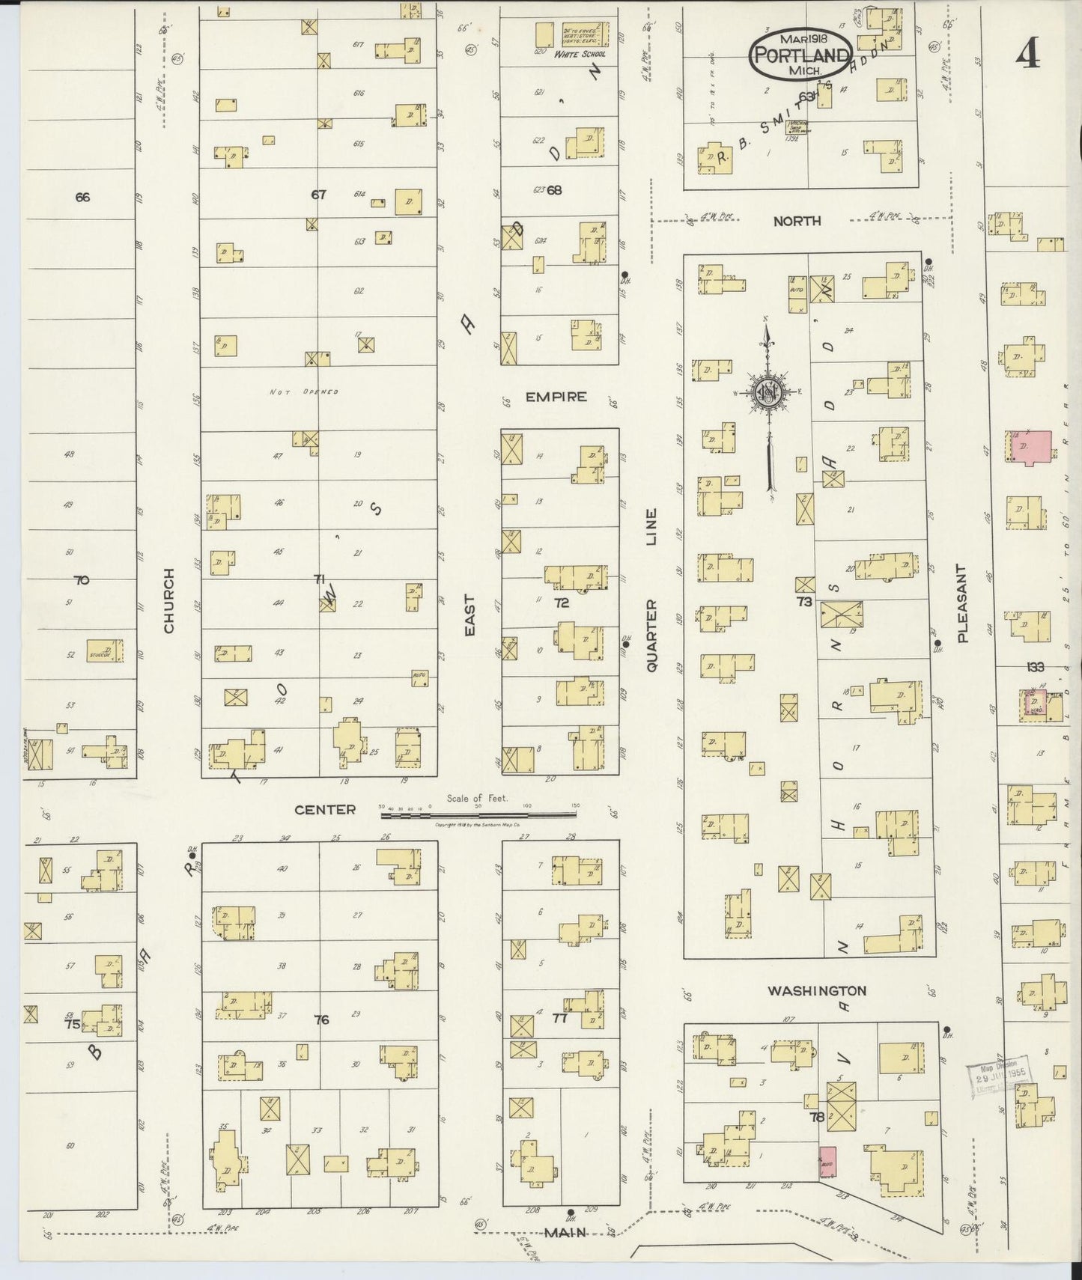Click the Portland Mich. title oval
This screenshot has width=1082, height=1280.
pos(800,54)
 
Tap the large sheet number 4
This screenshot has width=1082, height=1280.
pos(1028,53)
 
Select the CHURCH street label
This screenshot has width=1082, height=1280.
pos(168,600)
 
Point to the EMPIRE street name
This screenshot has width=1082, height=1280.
pos(556,397)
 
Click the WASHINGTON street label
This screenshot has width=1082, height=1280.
pos(817,990)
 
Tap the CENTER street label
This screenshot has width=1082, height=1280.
pos(325,809)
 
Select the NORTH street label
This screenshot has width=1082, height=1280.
pos(797,221)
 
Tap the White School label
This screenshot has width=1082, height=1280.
pos(580,54)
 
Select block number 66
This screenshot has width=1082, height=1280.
pos(82,198)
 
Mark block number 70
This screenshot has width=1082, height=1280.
pos(82,580)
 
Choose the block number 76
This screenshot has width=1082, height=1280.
pos(321,1020)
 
